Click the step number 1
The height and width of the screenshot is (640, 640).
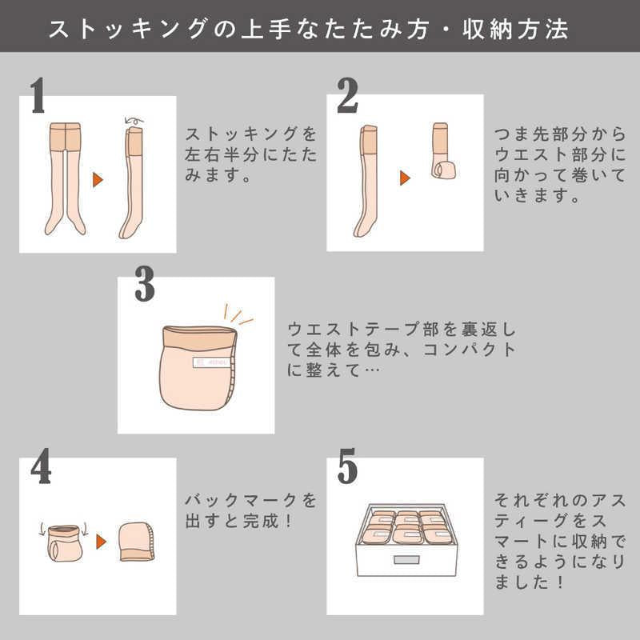click(x=38, y=95)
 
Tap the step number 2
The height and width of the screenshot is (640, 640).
click(x=347, y=95)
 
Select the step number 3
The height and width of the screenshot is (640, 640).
click(x=145, y=284)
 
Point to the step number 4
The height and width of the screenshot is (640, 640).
click(x=41, y=466)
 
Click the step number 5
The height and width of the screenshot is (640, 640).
click(x=347, y=466)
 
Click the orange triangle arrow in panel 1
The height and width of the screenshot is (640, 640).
click(x=98, y=179)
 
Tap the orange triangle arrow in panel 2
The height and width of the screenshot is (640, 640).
click(x=405, y=178)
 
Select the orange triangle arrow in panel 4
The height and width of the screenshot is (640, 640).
click(x=102, y=542)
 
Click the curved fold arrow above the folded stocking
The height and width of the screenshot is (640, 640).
click(x=134, y=121)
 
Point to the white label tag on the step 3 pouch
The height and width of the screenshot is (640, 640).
click(x=211, y=362)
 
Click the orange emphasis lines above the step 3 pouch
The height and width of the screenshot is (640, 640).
click(x=238, y=314)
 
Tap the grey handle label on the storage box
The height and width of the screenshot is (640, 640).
click(x=406, y=559)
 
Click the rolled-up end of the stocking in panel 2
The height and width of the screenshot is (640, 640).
click(x=444, y=169)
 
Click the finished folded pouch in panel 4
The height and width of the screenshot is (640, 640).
click(x=138, y=542)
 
